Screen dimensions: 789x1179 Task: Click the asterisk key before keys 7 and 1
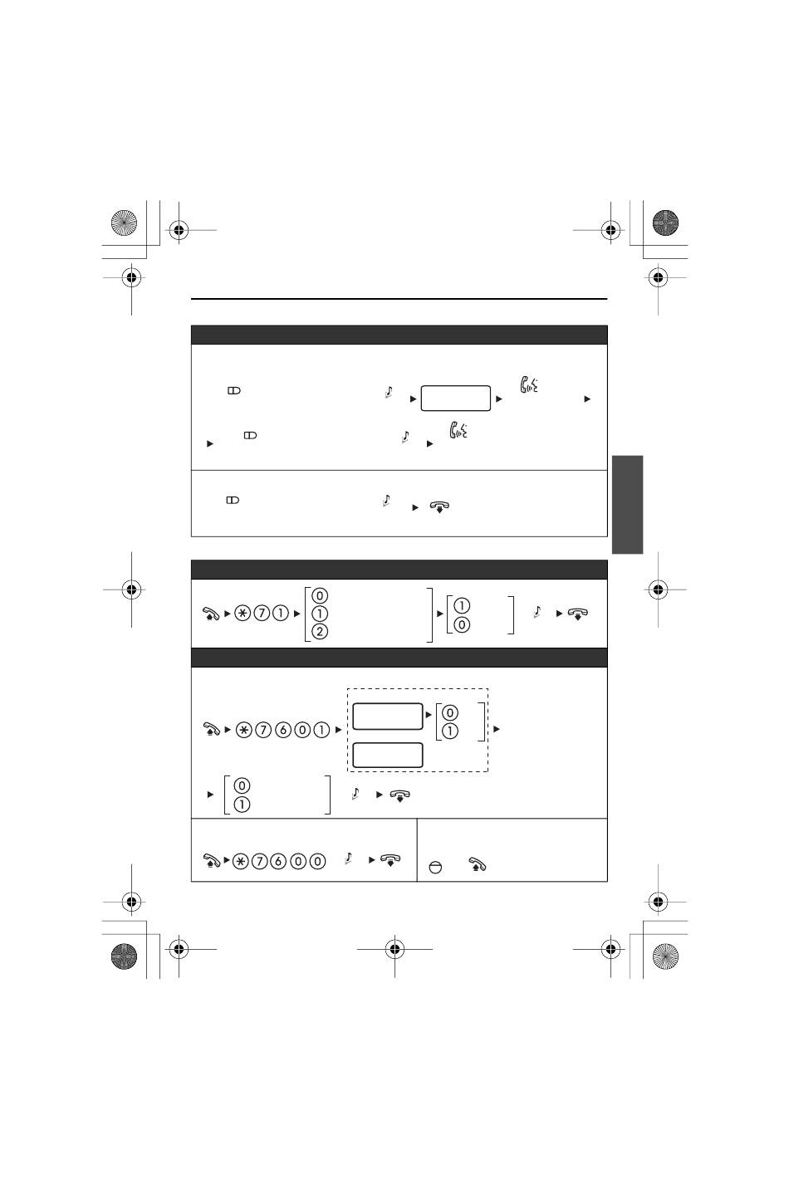pyautogui.click(x=243, y=614)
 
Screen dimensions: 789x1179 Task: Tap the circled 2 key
pyautogui.click(x=320, y=632)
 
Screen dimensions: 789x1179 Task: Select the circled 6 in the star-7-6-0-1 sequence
pyautogui.click(x=282, y=730)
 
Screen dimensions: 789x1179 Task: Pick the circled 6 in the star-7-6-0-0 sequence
pyautogui.click(x=278, y=861)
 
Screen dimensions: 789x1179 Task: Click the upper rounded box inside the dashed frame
pyautogui.click(x=387, y=717)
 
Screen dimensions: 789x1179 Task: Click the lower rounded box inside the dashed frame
pyautogui.click(x=387, y=756)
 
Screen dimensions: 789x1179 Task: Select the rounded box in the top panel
pyautogui.click(x=456, y=398)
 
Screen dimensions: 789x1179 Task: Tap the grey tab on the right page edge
pyautogui.click(x=627, y=505)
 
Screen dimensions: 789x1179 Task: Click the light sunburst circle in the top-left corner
pyautogui.click(x=124, y=223)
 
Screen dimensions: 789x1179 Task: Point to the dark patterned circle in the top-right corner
pyautogui.click(x=665, y=223)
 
